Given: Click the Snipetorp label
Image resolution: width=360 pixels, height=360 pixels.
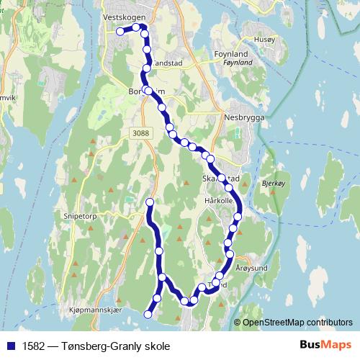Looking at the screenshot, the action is (x=76, y=215).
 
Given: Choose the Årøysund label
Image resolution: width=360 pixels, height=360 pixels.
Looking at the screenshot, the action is (x=251, y=266).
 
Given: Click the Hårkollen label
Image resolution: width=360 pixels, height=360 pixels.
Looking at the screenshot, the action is (x=219, y=200).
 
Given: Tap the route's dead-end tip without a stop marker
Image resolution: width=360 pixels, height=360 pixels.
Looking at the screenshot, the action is (x=150, y=201).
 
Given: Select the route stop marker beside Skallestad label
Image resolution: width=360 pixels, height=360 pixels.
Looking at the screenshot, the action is (x=222, y=178).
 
